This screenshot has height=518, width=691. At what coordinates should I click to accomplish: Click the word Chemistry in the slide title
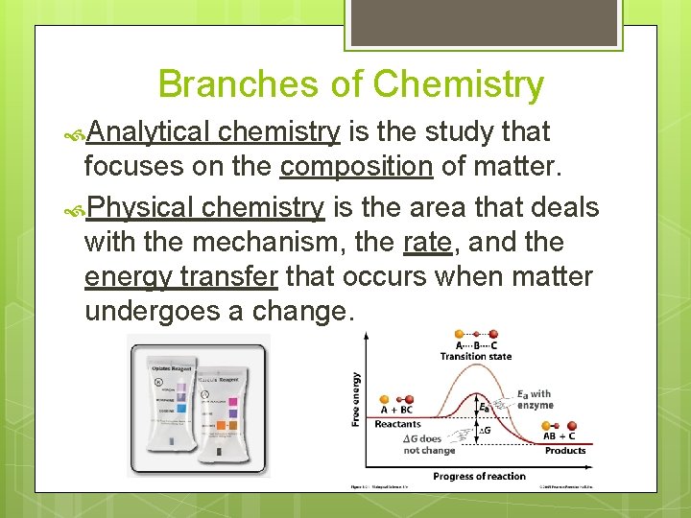(458, 84)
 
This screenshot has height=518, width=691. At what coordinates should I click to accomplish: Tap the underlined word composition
(356, 167)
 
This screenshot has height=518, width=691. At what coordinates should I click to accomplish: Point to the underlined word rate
(427, 242)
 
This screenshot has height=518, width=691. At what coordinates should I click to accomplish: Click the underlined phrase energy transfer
(181, 277)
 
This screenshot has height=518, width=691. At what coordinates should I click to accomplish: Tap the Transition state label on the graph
(475, 357)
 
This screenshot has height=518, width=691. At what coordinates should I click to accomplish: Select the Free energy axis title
(357, 400)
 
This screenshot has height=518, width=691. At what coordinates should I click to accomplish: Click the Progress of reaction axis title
(479, 476)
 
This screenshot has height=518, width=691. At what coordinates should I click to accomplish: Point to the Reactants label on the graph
(397, 424)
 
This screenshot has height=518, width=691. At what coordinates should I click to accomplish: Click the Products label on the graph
(564, 451)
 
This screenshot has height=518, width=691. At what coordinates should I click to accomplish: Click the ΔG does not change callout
(429, 444)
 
